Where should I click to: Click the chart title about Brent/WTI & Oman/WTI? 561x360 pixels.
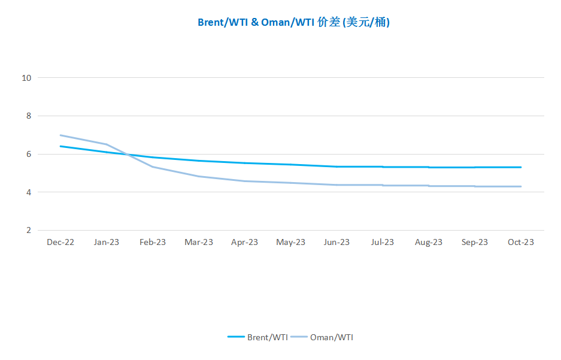(293, 23)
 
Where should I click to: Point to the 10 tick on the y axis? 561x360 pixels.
(26, 77)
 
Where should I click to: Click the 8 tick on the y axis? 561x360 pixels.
(28, 116)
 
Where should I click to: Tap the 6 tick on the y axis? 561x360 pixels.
(28, 154)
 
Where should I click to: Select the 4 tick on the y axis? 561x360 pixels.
(28, 192)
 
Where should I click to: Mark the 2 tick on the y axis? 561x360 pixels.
(28, 231)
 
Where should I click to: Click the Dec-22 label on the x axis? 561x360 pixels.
(60, 242)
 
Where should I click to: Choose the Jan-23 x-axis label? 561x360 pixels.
(107, 242)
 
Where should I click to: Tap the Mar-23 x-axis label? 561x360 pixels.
(199, 242)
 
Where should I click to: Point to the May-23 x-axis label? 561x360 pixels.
(290, 242)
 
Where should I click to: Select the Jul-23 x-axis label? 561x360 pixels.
(383, 242)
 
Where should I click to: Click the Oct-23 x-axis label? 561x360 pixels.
(521, 242)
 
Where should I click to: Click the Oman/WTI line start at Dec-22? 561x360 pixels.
(60, 135)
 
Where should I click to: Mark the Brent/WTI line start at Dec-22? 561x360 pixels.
(60, 146)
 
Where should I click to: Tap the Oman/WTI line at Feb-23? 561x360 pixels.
(153, 167)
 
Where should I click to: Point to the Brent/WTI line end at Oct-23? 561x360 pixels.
(521, 167)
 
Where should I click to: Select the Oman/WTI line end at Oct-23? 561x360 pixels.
(521, 186)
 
